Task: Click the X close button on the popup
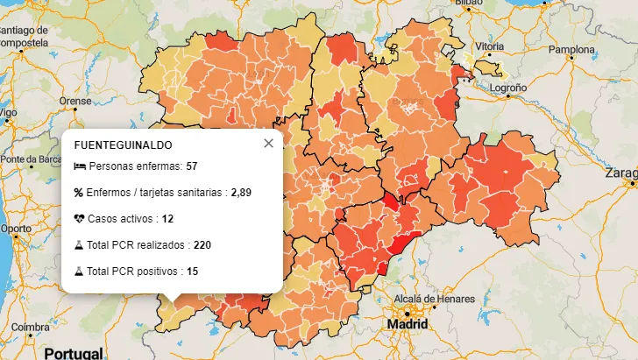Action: [268, 144]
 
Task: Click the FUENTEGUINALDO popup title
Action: [123, 145]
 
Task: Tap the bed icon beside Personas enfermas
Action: [79, 166]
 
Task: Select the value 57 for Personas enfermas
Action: [191, 166]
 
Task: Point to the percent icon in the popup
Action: [79, 193]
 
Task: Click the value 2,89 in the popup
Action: [241, 193]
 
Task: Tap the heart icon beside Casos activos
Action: [79, 218]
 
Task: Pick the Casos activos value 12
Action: [168, 218]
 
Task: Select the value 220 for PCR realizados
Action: [202, 244]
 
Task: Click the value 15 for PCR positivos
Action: [192, 272]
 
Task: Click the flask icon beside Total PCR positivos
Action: [79, 272]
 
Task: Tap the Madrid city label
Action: [408, 325]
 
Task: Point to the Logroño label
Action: [507, 88]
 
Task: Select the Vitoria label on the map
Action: [489, 46]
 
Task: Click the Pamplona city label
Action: [571, 49]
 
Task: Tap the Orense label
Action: [74, 101]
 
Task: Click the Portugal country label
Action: [73, 352]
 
